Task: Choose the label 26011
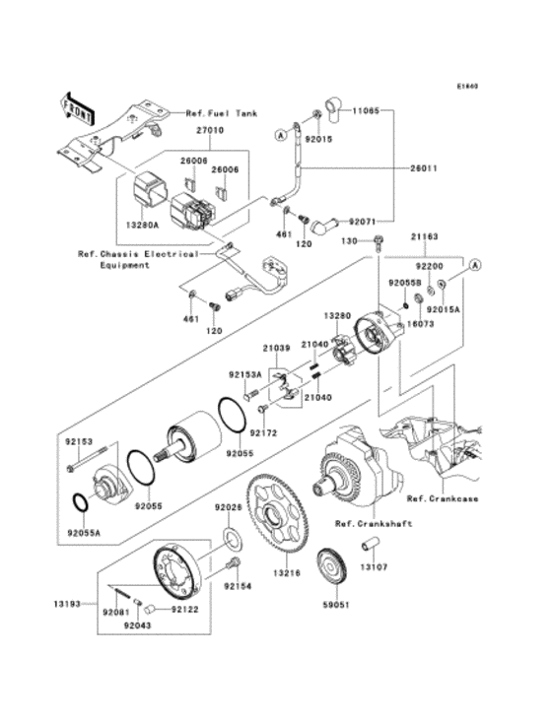pos(425,167)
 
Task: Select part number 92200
pos(426,266)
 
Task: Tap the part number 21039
pos(277,348)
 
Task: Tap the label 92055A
pos(84,533)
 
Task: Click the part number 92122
pos(185,609)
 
